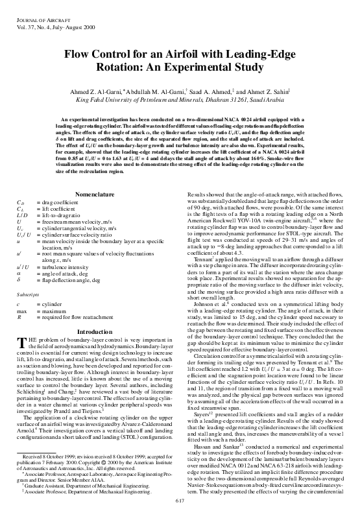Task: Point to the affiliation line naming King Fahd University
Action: (x=180, y=101)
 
